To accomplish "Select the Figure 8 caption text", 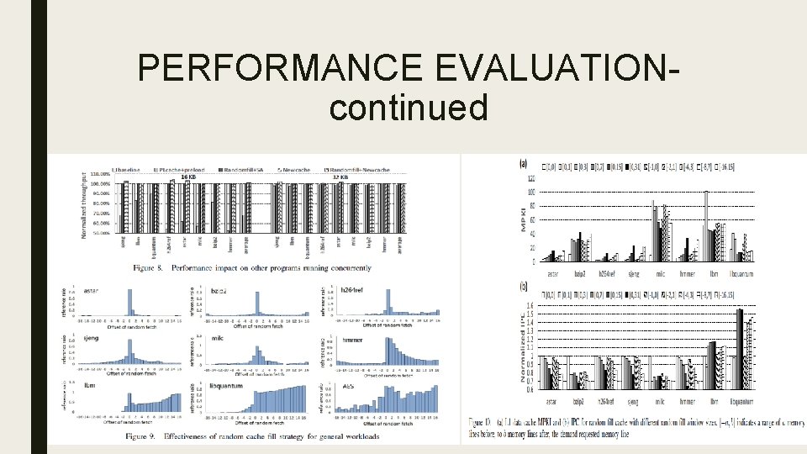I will tap(251, 268).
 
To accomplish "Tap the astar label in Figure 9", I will tap(93, 292).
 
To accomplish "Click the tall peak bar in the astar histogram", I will tap(129, 299).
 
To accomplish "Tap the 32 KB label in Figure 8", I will tap(340, 177).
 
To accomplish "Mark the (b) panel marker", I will tap(525, 287).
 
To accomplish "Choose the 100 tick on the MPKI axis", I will tap(530, 193).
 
